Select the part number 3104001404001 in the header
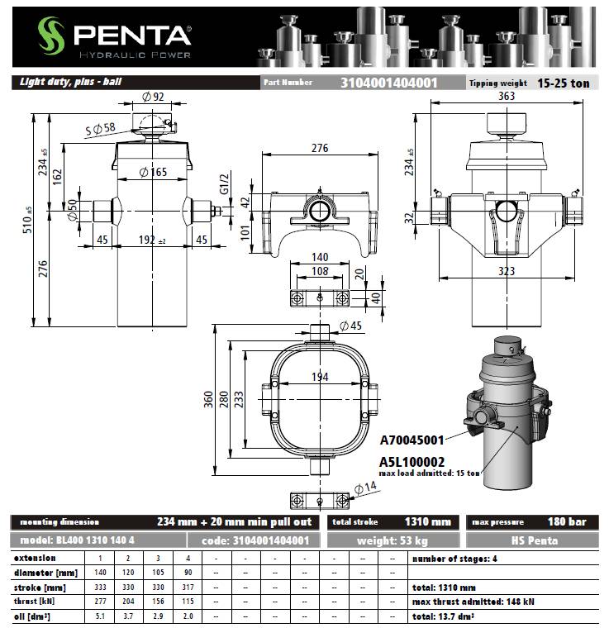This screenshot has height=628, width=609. pos(389,83)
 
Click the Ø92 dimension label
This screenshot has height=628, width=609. pos(154,97)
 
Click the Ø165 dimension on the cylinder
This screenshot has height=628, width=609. pos(153,172)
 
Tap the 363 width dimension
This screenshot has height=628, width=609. pos(507,97)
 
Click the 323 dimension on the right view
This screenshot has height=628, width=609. pos(507,270)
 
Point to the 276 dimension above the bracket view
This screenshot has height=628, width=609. pos(320,149)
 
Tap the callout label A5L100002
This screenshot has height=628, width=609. pos(412,461)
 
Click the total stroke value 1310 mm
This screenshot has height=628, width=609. pos(427,521)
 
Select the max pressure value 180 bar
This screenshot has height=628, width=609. pos(566,521)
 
